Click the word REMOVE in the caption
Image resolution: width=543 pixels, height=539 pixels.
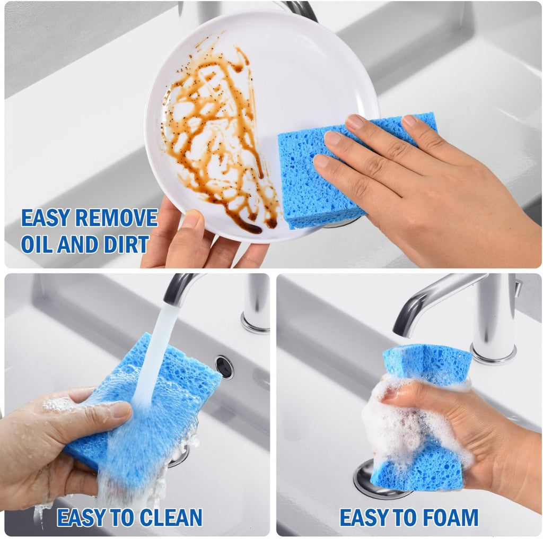[x=117, y=218]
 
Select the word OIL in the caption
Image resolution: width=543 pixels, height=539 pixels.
[x=38, y=245]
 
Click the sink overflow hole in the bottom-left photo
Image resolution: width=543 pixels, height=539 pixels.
[x=224, y=367]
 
